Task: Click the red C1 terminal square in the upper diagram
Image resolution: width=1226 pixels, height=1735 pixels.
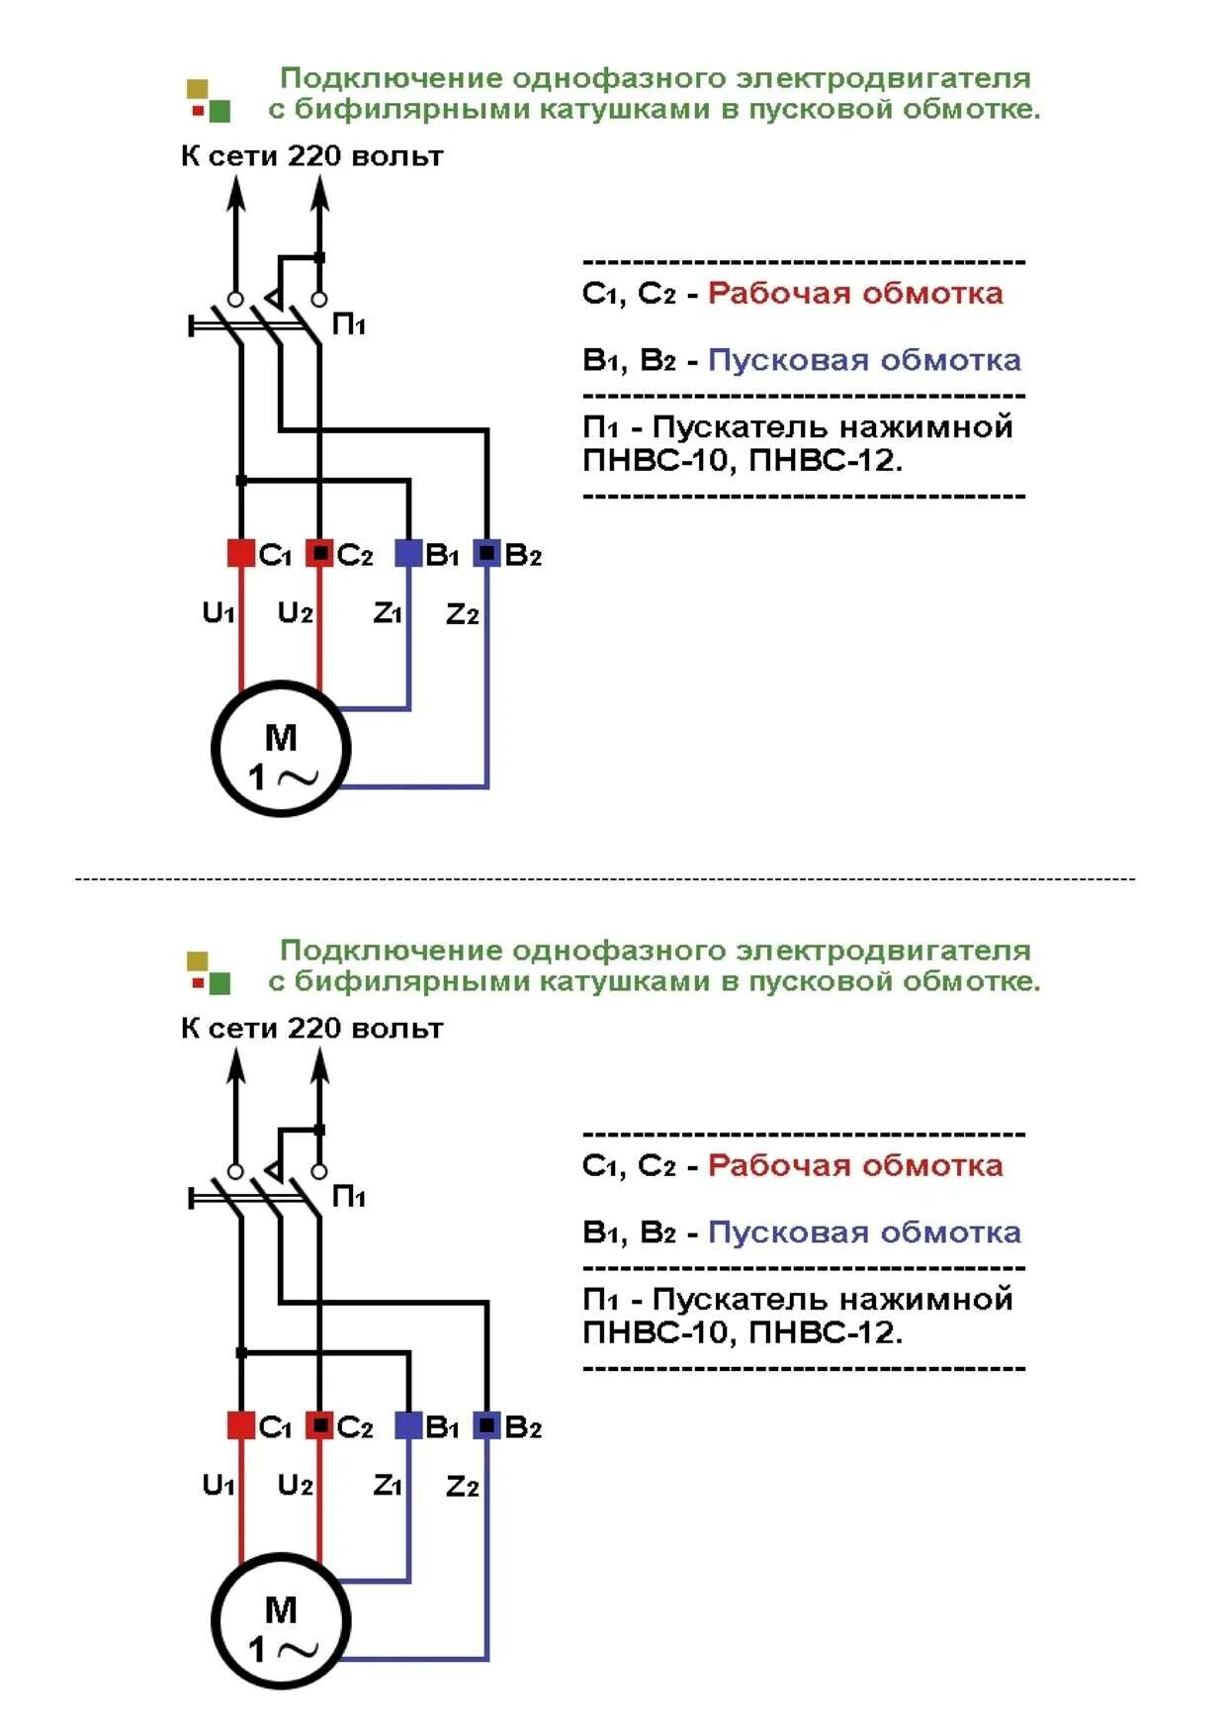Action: pyautogui.click(x=241, y=553)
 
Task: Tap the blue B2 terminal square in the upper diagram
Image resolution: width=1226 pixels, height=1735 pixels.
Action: pyautogui.click(x=486, y=553)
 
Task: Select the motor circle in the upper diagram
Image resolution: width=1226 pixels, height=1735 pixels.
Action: pyautogui.click(x=281, y=749)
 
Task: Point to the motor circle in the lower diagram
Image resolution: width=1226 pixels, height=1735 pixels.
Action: pyautogui.click(x=281, y=1621)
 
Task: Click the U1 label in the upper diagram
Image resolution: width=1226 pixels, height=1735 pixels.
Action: pyautogui.click(x=219, y=613)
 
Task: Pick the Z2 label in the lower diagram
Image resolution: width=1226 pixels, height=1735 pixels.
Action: pyautogui.click(x=462, y=1487)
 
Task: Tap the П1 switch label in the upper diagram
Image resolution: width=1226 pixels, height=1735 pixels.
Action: pyautogui.click(x=349, y=324)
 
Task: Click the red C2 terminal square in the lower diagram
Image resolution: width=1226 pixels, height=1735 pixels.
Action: pyautogui.click(x=318, y=1425)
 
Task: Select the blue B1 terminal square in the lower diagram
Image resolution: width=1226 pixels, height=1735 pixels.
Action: pyautogui.click(x=408, y=1425)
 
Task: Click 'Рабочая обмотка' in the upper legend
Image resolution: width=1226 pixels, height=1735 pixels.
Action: pyautogui.click(x=855, y=293)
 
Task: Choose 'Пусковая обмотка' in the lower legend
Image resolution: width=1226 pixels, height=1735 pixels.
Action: pyautogui.click(x=864, y=1233)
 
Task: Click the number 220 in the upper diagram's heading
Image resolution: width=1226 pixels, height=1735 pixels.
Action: pyautogui.click(x=314, y=156)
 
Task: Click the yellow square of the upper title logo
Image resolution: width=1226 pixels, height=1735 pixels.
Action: pyautogui.click(x=198, y=89)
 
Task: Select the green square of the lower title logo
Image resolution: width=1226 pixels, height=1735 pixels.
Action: pyautogui.click(x=219, y=983)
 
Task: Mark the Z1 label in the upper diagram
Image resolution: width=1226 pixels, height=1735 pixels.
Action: pyautogui.click(x=388, y=613)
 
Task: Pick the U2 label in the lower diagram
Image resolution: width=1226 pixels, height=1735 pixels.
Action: pyautogui.click(x=295, y=1486)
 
